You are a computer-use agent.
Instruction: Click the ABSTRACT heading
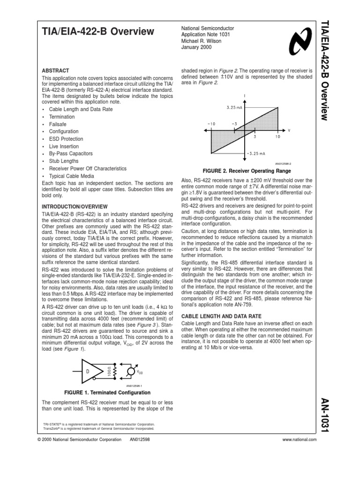[x=55, y=70]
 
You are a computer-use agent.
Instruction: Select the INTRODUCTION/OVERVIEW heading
[x=75, y=206]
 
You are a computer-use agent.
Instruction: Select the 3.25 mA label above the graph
[x=234, y=107]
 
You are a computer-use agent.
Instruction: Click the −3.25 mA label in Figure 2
[x=255, y=153]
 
